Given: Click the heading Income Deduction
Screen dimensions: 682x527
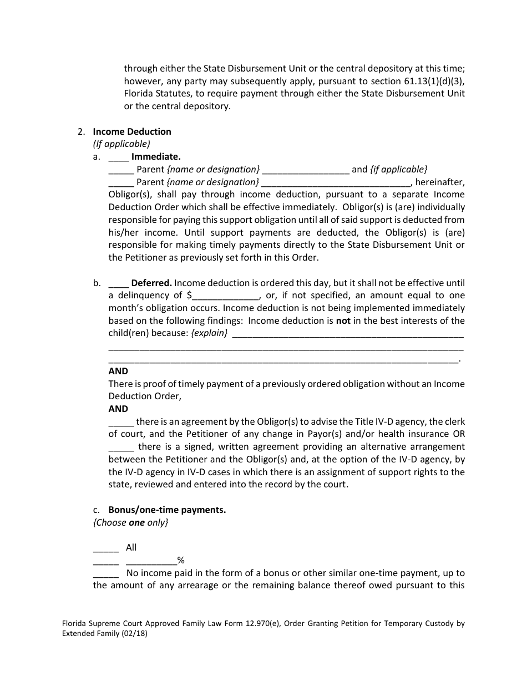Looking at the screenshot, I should tap(132, 131).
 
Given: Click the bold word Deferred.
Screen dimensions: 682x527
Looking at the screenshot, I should tap(151, 283).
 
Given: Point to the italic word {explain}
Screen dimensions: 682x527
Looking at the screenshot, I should tap(209, 333).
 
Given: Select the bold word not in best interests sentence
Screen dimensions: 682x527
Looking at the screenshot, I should tap(343, 320).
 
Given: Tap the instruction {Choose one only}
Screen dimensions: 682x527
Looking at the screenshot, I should tap(130, 522).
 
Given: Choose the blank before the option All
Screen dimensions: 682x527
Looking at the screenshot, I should tap(105, 548).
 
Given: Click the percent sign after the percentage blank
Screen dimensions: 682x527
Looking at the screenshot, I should tap(180, 561).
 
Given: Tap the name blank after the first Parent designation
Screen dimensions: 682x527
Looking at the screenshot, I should tap(305, 170).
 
